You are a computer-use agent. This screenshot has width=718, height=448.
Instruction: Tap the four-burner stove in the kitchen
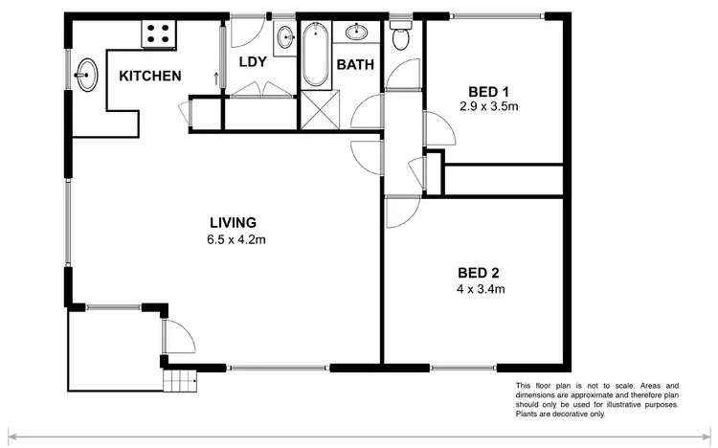[158, 34]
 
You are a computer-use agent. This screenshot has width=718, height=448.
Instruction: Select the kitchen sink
[88, 75]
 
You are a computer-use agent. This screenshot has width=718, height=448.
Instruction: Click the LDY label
[252, 61]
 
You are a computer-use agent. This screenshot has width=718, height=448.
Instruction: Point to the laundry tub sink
[285, 39]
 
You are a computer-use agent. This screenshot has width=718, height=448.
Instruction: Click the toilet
[401, 37]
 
